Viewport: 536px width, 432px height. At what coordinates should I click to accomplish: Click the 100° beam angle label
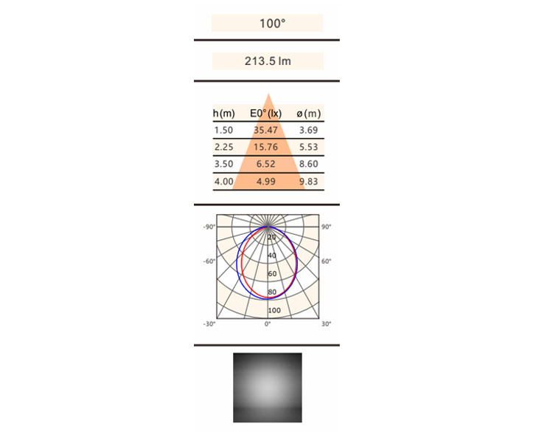click(x=272, y=24)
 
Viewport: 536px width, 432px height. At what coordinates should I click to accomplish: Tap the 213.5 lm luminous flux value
click(x=268, y=61)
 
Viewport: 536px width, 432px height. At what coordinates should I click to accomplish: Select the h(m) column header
click(x=224, y=113)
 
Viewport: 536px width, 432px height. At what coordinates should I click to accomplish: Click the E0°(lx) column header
click(x=265, y=113)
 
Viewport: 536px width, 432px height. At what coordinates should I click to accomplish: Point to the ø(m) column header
click(x=309, y=113)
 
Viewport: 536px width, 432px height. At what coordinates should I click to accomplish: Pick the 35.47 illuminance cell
click(x=265, y=130)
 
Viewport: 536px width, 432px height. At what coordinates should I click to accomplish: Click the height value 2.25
click(x=224, y=147)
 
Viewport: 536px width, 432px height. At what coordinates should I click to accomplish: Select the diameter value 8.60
click(x=309, y=164)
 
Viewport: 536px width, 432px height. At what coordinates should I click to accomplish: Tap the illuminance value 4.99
click(x=266, y=182)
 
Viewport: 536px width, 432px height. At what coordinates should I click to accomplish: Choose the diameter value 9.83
click(x=309, y=182)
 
